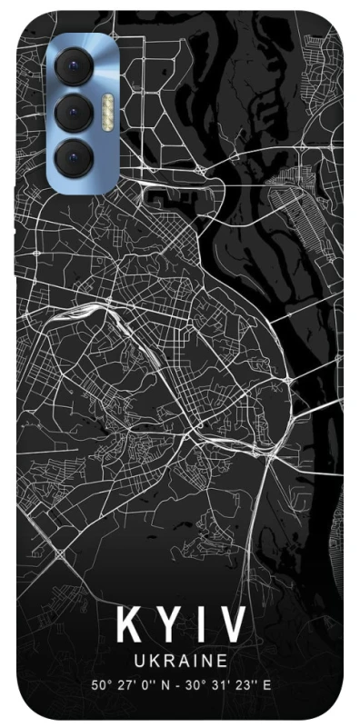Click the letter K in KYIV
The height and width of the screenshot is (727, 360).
129,624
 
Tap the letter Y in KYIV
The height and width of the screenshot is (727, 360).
167,624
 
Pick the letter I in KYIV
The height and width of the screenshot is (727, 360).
197,624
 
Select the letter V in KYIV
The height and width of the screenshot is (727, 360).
231,624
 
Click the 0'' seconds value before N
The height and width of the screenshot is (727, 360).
142,683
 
